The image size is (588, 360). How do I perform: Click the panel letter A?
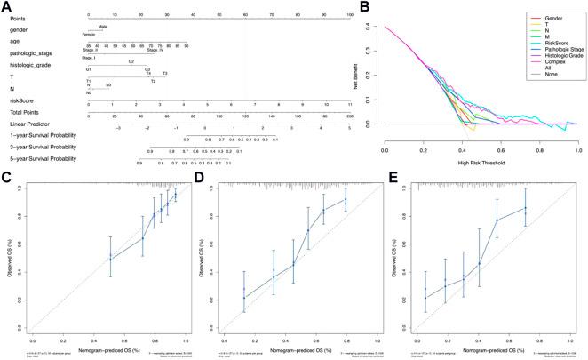pyautogui.click(x=7, y=7)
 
